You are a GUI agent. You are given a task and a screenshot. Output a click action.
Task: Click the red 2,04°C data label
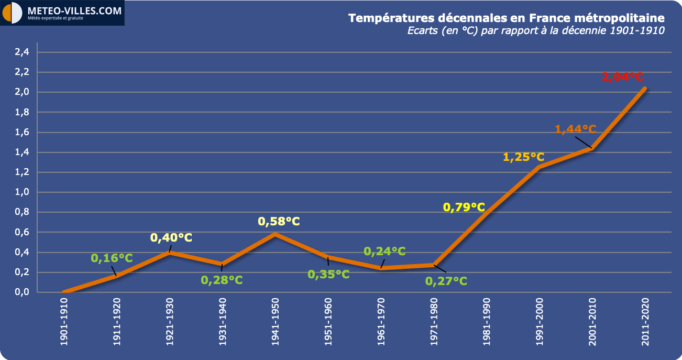622,77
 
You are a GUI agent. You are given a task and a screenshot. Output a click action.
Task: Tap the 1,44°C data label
575,129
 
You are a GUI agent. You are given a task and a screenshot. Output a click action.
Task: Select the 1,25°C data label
523,157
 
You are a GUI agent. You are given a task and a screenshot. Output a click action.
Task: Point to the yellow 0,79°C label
464,207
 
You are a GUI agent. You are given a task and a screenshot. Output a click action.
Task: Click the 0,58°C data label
279,221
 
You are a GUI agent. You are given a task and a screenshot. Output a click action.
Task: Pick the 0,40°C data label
171,237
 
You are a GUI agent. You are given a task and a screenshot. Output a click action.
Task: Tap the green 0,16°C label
112,258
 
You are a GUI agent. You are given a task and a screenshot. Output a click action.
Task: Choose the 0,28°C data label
222,280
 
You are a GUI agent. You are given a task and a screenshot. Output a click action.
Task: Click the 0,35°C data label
328,274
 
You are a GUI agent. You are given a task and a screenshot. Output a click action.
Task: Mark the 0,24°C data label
384,251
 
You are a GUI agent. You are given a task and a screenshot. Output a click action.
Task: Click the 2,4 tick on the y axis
21,52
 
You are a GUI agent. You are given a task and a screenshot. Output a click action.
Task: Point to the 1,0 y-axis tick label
21,192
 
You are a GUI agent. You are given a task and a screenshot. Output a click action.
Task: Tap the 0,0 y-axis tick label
21,292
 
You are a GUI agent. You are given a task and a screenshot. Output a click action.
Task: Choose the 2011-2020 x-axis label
645,322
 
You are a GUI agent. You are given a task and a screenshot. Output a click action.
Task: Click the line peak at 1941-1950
276,234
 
